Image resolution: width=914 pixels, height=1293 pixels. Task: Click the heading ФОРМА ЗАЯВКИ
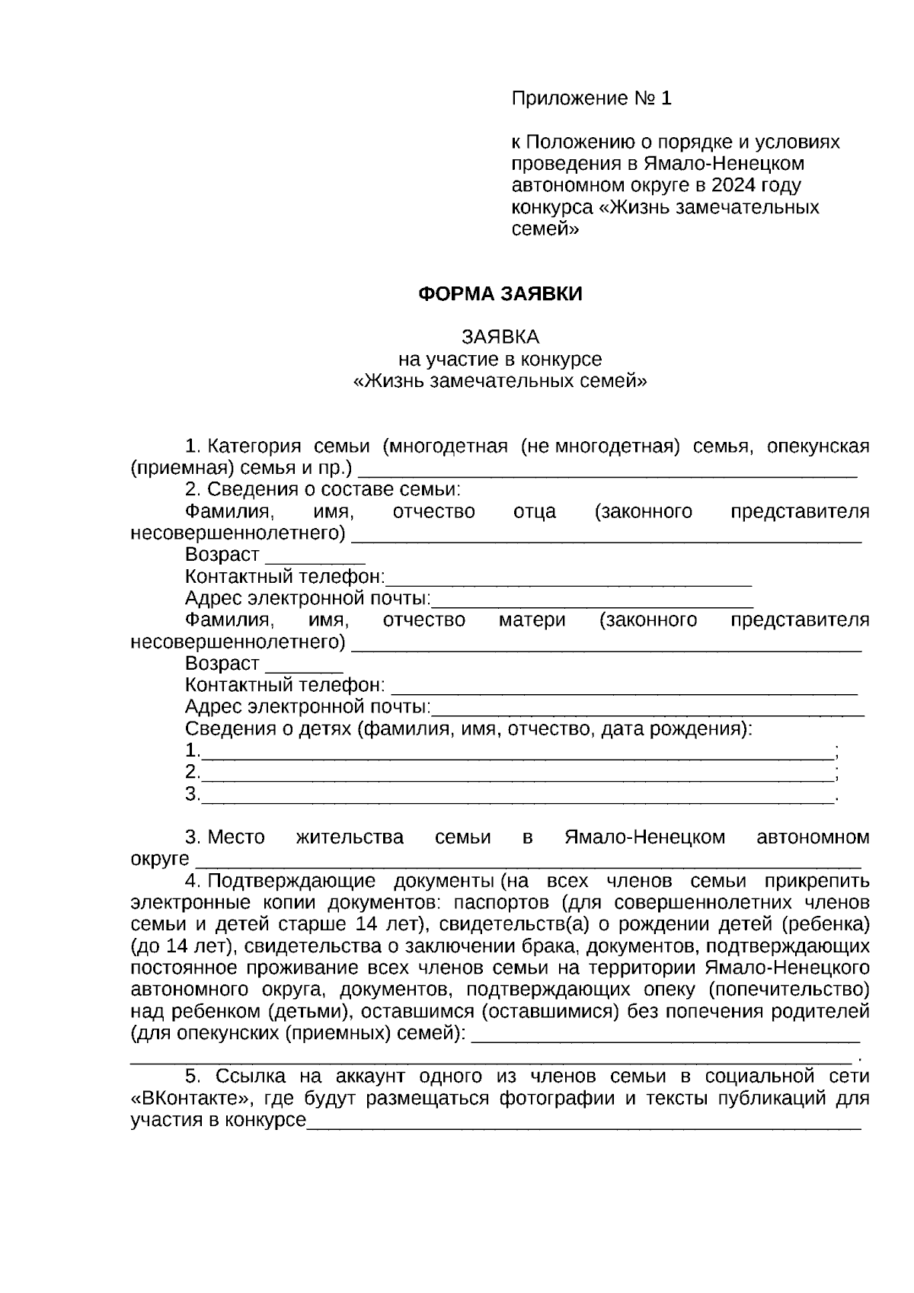[x=500, y=294]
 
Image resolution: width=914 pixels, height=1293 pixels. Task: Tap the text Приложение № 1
[x=591, y=98]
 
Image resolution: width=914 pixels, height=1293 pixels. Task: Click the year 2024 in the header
[x=734, y=185]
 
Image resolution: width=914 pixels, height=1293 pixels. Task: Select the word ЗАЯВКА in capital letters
[x=500, y=337]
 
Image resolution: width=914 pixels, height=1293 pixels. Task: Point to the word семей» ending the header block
[x=545, y=228]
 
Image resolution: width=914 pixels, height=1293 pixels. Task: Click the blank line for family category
[x=607, y=469]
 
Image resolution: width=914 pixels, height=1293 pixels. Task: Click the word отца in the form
[x=535, y=511]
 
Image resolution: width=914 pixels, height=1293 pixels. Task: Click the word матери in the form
[x=532, y=619]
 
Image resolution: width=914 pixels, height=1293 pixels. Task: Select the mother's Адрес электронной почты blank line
[x=647, y=709]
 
